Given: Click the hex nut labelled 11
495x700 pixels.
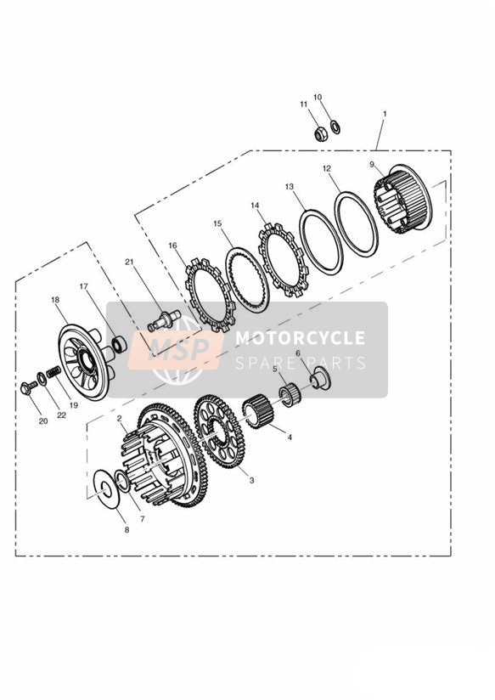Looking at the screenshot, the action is pyautogui.click(x=319, y=134).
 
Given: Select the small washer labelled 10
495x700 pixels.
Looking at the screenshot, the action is pyautogui.click(x=335, y=127).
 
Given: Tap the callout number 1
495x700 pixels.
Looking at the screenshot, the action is pyautogui.click(x=385, y=115).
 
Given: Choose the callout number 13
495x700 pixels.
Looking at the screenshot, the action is pyautogui.click(x=290, y=187).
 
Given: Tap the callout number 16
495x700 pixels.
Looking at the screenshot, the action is pyautogui.click(x=172, y=246).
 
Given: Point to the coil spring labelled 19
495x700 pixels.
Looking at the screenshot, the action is pyautogui.click(x=53, y=371).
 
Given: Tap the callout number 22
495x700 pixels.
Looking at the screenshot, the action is pyautogui.click(x=61, y=415).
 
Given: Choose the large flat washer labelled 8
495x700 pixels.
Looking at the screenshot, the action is pyautogui.click(x=106, y=488).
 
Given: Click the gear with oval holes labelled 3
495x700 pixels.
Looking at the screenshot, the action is pyautogui.click(x=219, y=431).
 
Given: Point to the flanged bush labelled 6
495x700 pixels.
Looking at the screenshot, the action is pyautogui.click(x=320, y=378).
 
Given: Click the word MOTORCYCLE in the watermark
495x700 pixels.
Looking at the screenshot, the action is pyautogui.click(x=300, y=338).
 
